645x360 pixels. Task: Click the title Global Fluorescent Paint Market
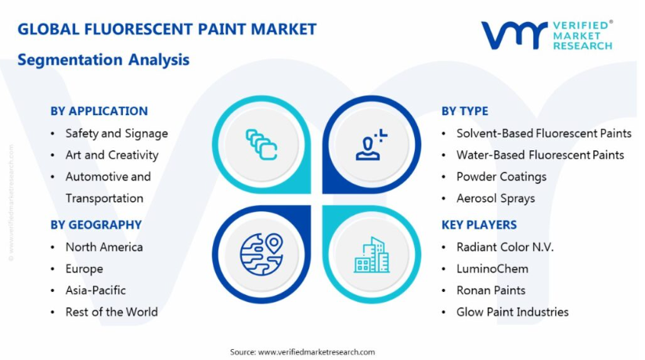167,29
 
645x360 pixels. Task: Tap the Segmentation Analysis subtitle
103,60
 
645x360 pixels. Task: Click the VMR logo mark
514,35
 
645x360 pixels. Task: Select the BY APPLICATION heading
99,111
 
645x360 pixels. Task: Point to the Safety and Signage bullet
117,134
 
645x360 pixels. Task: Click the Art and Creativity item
112,155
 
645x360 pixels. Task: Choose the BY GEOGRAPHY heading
95,225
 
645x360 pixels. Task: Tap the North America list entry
104,247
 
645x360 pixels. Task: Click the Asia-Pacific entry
95,290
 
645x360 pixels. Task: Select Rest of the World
111,311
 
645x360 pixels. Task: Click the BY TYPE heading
465,111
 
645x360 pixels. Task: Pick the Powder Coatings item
502,177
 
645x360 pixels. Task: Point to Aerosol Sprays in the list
495,198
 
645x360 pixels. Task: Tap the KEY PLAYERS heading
479,225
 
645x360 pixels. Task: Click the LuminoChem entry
492,268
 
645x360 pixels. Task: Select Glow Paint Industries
513,311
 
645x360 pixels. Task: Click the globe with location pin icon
261,254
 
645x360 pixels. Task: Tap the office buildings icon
372,255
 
